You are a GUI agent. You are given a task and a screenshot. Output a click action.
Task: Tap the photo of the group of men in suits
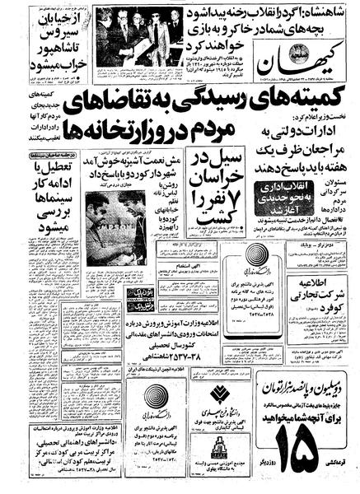[x=141, y=36]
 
